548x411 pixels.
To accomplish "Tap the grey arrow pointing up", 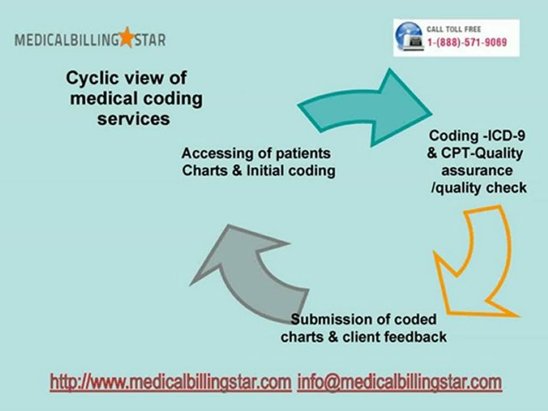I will (x=245, y=268).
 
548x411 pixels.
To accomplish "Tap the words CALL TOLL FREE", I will (x=454, y=29).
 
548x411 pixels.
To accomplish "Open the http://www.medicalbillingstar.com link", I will (x=170, y=382).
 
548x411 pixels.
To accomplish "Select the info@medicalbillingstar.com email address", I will (x=400, y=382).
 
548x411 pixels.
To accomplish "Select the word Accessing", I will (x=211, y=153).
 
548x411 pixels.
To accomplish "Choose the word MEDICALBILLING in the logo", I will (x=67, y=40).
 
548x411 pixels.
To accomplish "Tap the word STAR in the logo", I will (x=150, y=40).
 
